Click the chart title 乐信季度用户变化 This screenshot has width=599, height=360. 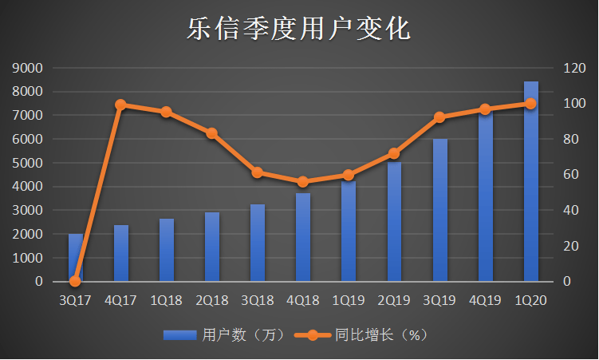click(x=299, y=30)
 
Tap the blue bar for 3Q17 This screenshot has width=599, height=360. click(x=75, y=257)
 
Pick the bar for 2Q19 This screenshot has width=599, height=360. click(x=394, y=222)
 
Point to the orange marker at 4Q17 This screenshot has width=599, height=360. click(x=120, y=105)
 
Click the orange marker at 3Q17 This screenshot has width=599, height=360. click(x=75, y=281)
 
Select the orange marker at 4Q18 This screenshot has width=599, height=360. click(x=303, y=182)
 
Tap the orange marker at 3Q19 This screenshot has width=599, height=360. click(x=439, y=117)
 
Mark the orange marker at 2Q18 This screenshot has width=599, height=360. click(x=211, y=133)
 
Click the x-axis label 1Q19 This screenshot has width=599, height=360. click(x=349, y=300)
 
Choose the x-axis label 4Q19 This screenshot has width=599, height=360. click(x=486, y=300)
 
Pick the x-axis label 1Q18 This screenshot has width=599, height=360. click(x=166, y=300)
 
